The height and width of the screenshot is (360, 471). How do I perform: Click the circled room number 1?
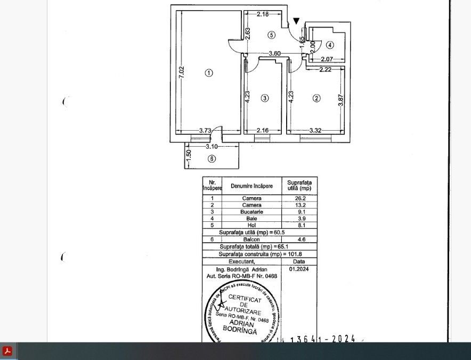point(209,73)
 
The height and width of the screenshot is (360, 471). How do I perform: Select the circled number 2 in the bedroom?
point(316,98)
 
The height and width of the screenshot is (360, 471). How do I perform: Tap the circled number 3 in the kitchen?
point(265,98)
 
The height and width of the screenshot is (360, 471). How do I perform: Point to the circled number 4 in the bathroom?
point(330,45)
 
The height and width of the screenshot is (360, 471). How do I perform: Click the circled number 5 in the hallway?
point(271,35)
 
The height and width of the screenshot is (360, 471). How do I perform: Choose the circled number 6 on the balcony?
point(212,158)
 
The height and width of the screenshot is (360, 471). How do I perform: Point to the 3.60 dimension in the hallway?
point(274,53)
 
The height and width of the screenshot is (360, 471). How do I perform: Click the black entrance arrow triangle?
point(296,21)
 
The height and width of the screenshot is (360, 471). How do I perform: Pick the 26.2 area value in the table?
point(299,198)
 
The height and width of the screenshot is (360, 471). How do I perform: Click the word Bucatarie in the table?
point(251,212)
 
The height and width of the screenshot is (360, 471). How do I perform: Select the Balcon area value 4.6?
point(299,239)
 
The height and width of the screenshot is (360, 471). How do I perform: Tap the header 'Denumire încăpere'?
point(251,186)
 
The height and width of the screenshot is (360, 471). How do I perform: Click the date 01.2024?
point(299,269)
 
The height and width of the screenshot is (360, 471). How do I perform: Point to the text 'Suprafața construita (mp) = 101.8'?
point(259,254)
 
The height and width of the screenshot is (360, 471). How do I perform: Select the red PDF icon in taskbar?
point(7,351)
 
